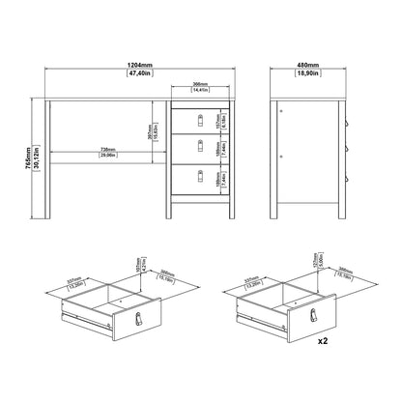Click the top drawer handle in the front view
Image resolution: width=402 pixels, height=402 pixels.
point(200,118)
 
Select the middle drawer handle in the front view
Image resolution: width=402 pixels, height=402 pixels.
point(200,147)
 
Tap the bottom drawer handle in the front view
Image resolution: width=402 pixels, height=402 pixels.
point(200,176)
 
